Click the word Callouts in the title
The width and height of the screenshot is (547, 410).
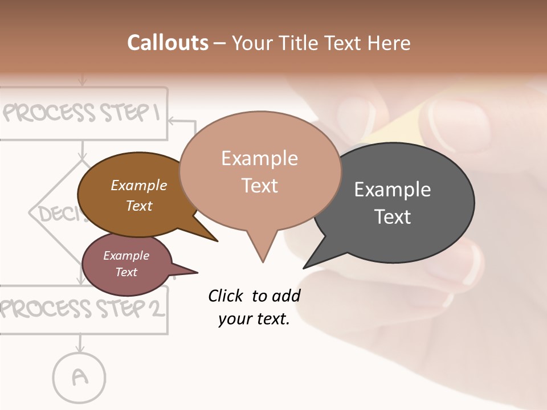point(168,43)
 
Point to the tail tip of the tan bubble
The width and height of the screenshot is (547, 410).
point(263,261)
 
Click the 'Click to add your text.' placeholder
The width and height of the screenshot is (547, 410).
point(254,307)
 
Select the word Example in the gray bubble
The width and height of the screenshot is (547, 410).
point(393,190)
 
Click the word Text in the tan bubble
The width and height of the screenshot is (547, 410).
point(260,186)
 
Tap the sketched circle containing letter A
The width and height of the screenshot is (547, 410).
point(80,377)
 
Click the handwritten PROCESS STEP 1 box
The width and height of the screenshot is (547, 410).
point(83,113)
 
